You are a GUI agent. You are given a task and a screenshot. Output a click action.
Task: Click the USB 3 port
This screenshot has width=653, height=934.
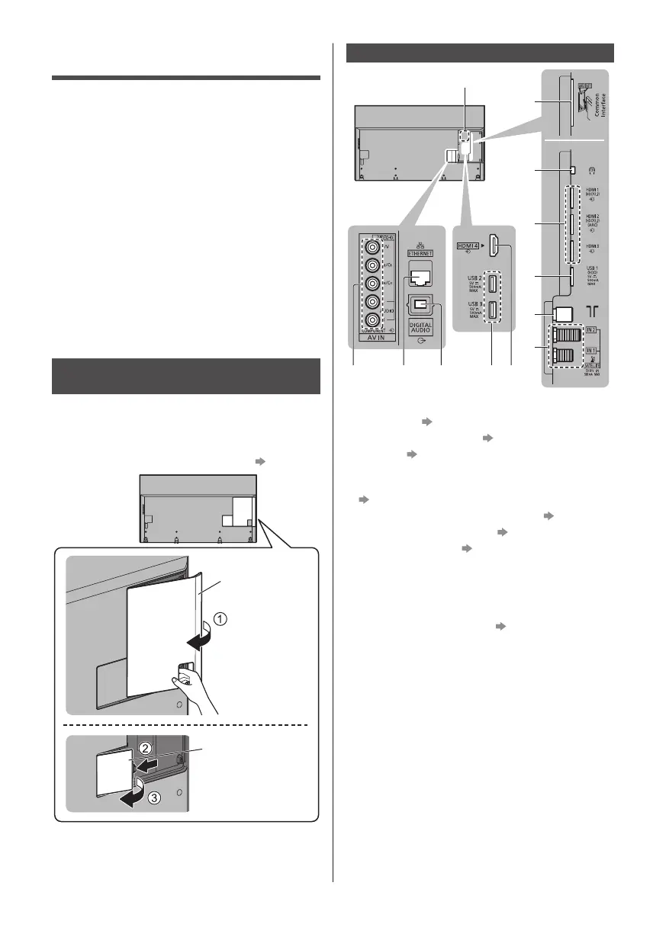click(x=493, y=311)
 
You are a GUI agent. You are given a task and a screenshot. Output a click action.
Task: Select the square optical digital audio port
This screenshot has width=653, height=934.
click(x=418, y=303)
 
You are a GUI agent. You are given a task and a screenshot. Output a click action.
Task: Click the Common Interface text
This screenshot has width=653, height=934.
click(x=594, y=108)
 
